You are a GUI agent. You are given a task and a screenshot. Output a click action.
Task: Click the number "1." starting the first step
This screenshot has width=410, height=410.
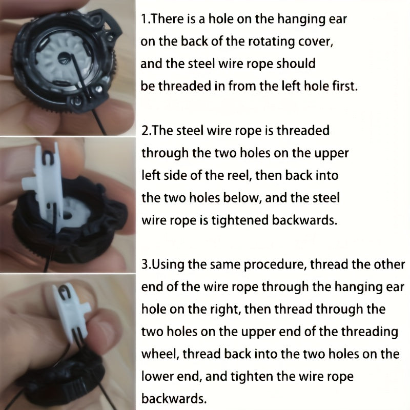click(146, 19)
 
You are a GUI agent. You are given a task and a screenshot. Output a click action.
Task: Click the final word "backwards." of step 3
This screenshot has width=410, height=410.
click(174, 399)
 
